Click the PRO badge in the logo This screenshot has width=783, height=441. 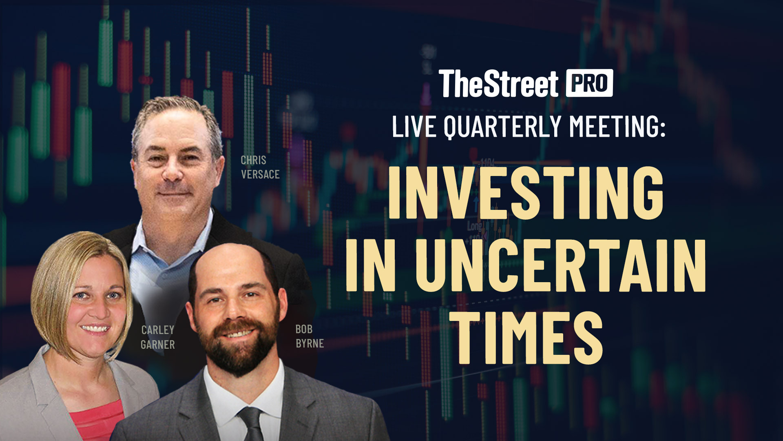click(x=589, y=83)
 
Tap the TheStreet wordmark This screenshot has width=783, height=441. click(x=498, y=84)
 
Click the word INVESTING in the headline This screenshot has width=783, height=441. click(x=526, y=193)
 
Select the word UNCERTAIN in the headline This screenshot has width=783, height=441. click(x=560, y=265)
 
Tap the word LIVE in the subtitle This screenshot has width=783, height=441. click(x=414, y=127)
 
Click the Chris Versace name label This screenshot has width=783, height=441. click(x=260, y=167)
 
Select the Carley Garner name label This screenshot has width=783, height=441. click(x=158, y=337)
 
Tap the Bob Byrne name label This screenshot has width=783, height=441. click(x=310, y=336)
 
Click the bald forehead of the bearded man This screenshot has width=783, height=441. click(x=230, y=269)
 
